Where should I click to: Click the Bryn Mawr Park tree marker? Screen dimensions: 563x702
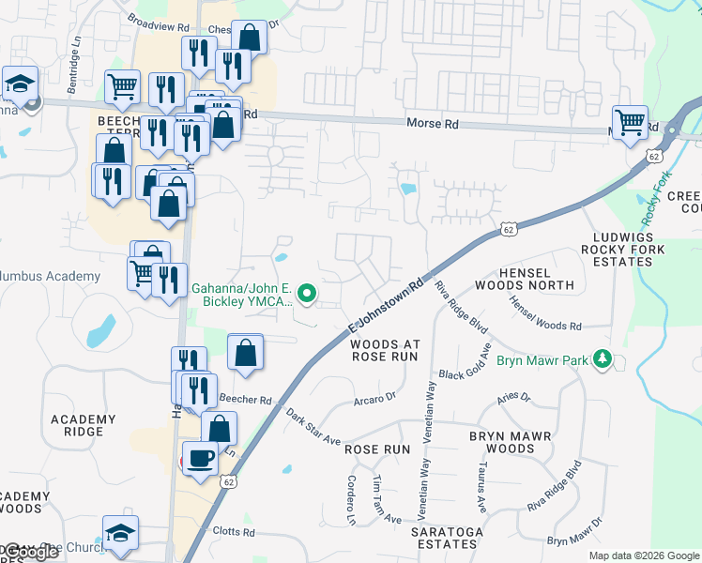pyautogui.click(x=602, y=359)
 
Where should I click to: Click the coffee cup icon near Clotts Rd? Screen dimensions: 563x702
pyautogui.click(x=200, y=459)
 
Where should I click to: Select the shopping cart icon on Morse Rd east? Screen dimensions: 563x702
pyautogui.click(x=630, y=121)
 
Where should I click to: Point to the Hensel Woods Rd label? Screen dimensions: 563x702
pyautogui.click(x=545, y=313)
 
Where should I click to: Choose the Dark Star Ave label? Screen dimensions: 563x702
pyautogui.click(x=313, y=427)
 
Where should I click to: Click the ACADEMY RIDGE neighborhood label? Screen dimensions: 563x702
pyautogui.click(x=84, y=425)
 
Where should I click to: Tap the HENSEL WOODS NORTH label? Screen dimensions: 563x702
pyautogui.click(x=524, y=277)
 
